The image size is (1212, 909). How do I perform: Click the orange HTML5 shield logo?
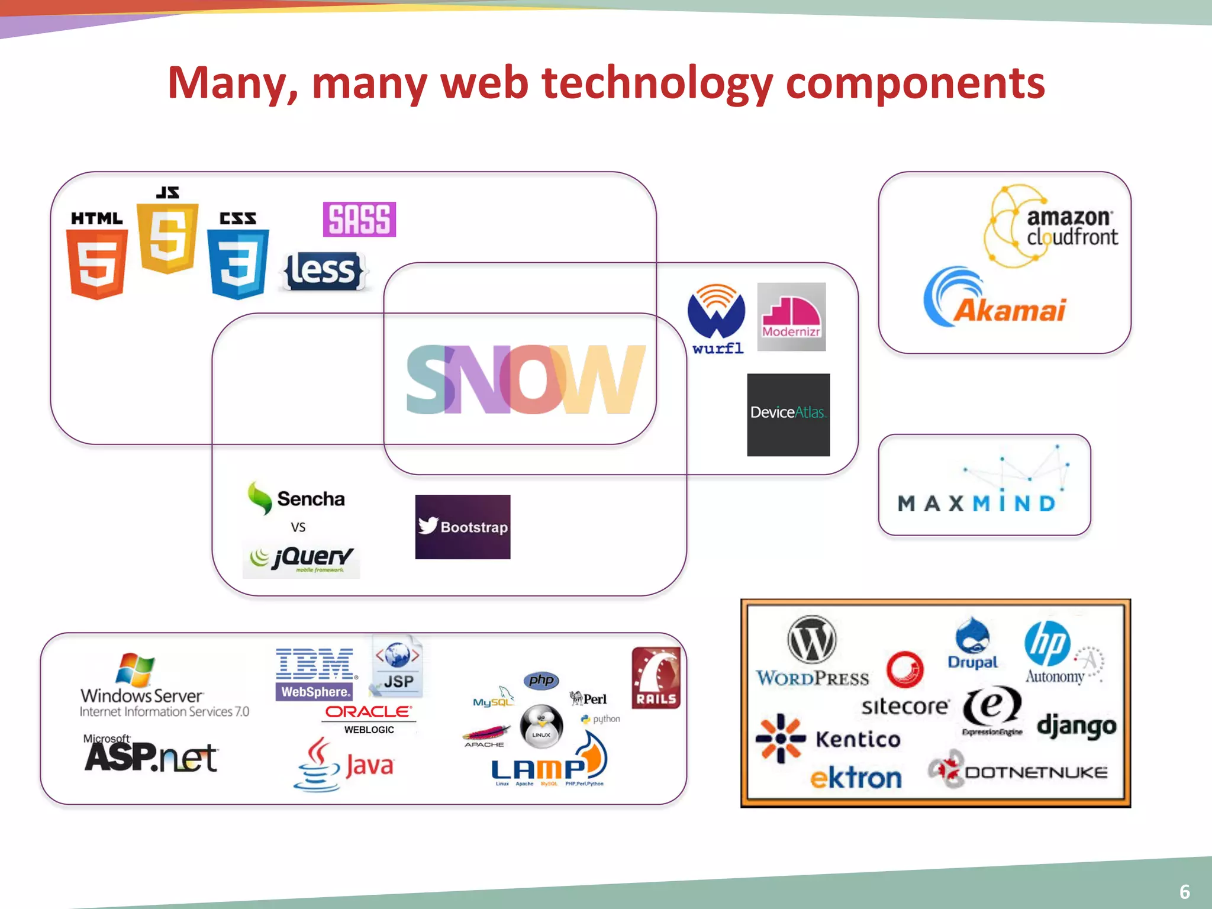pyautogui.click(x=96, y=263)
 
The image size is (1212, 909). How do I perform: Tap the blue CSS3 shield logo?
pyautogui.click(x=238, y=263)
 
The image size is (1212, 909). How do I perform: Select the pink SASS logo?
pyautogui.click(x=359, y=220)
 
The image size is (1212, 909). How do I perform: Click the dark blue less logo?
pyautogui.click(x=323, y=272)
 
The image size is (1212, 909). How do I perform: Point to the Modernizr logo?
pyautogui.click(x=791, y=317)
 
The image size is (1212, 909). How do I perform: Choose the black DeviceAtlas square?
pyautogui.click(x=788, y=414)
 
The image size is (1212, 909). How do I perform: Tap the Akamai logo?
pyautogui.click(x=994, y=299)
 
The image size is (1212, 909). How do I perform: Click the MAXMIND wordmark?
pyautogui.click(x=976, y=504)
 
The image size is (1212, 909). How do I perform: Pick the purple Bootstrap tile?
pyautogui.click(x=462, y=527)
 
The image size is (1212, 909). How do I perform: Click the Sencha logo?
pyautogui.click(x=296, y=498)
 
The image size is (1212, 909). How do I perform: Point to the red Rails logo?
pyautogui.click(x=656, y=678)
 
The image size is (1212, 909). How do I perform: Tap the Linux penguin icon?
pyautogui.click(x=541, y=726)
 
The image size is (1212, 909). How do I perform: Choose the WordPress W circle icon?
pyautogui.click(x=812, y=640)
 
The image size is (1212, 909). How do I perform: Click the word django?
pyautogui.click(x=1076, y=726)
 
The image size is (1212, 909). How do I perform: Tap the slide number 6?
pyautogui.click(x=1184, y=891)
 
